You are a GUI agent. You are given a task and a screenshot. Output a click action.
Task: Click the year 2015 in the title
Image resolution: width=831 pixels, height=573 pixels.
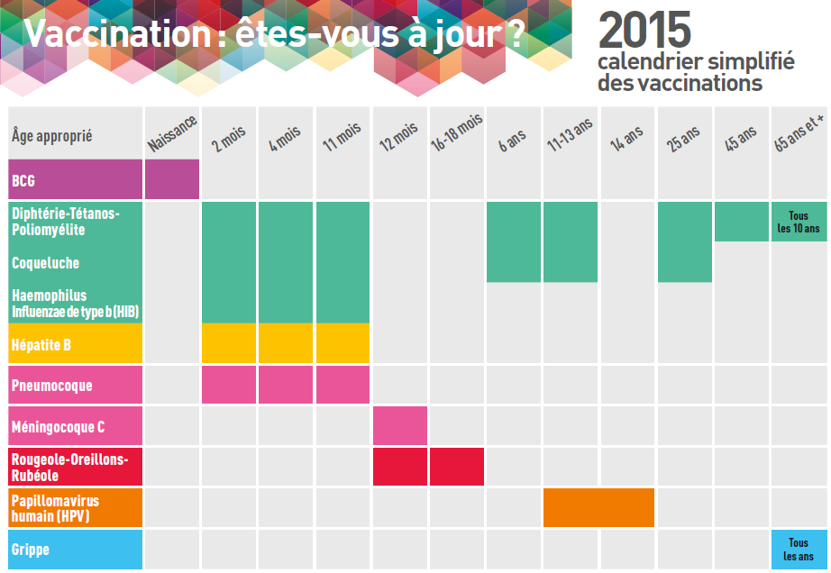click(x=644, y=30)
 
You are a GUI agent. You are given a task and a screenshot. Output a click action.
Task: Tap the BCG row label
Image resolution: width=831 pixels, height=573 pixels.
click(x=23, y=181)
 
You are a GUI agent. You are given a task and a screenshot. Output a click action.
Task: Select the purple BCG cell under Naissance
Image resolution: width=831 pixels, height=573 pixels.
click(x=171, y=179)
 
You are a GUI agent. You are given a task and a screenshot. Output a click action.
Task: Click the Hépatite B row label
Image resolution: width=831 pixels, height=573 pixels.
click(x=40, y=343)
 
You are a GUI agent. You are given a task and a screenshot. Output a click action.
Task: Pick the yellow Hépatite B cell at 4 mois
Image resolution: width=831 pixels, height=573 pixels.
click(x=286, y=343)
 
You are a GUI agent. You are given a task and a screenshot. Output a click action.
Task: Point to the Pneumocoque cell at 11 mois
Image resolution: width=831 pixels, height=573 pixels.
click(x=342, y=385)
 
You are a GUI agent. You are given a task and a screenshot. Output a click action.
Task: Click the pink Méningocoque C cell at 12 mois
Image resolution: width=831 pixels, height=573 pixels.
click(x=399, y=426)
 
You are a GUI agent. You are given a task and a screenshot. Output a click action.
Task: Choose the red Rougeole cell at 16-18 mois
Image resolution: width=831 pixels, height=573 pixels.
click(x=457, y=467)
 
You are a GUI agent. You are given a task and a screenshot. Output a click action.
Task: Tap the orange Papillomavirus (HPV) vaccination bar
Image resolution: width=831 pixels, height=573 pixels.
click(x=598, y=507)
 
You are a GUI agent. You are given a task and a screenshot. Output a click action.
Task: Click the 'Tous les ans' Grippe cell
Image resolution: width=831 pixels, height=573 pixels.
click(x=799, y=550)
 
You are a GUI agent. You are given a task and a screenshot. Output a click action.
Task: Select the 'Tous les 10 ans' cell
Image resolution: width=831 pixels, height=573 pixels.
click(x=799, y=222)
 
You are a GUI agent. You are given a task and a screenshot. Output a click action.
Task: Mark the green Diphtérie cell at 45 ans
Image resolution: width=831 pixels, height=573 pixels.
click(x=742, y=222)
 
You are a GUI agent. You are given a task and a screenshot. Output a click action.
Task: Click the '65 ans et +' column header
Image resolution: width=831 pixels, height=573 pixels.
click(x=799, y=135)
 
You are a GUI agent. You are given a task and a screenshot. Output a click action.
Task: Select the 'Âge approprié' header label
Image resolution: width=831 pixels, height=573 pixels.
click(x=52, y=136)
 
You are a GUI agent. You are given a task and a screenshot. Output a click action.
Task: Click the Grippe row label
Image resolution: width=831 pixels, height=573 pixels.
click(x=31, y=549)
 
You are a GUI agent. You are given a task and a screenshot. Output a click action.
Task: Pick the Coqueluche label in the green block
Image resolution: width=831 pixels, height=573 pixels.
click(x=45, y=263)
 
